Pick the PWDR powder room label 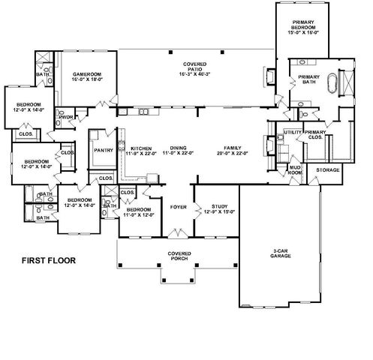[65, 118]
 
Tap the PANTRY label [102, 149]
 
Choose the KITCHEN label [141, 148]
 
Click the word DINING [178, 148]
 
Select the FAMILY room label [224, 148]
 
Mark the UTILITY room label [292, 133]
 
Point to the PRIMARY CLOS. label [315, 134]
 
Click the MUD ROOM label [296, 170]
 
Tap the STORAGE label [328, 170]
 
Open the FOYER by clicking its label [178, 205]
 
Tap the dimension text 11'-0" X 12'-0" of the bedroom [139, 214]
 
